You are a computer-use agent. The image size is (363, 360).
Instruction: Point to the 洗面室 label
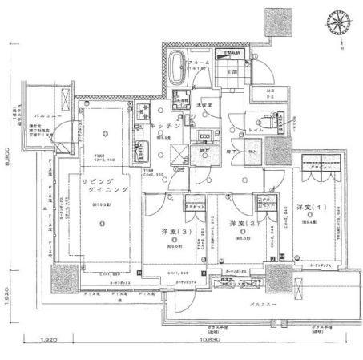[x=204, y=103]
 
